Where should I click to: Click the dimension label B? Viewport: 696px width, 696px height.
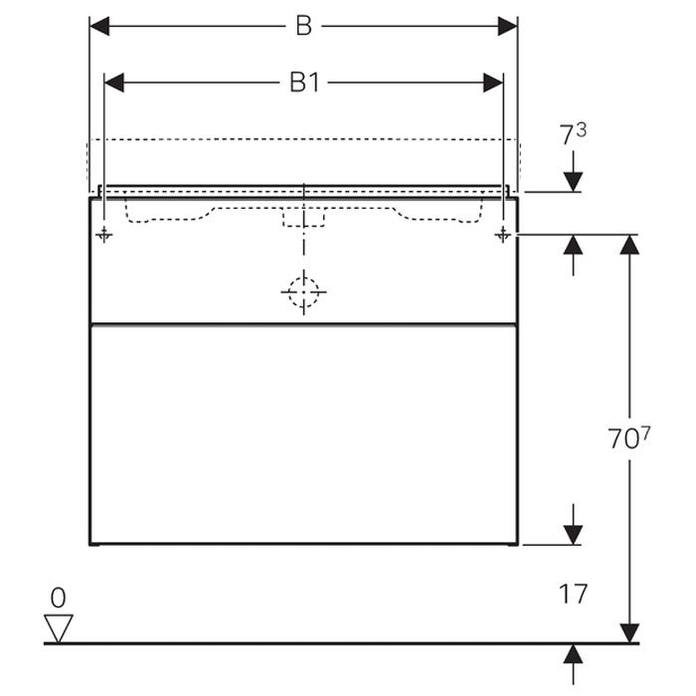point(303,27)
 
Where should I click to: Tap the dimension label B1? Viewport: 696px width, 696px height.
point(303,83)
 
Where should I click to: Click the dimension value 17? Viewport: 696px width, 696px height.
point(573,595)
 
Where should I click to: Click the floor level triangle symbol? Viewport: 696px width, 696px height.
point(60,627)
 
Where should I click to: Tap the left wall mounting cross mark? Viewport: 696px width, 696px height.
point(104,235)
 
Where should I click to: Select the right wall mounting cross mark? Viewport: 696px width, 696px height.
point(503,235)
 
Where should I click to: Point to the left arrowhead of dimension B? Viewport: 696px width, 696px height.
point(99,27)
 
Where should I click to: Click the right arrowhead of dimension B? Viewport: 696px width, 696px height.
point(508,27)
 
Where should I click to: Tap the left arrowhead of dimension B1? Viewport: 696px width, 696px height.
point(114,83)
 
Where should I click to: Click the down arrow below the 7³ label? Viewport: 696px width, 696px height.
point(574,180)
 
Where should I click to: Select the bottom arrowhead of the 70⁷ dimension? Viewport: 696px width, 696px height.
point(628,632)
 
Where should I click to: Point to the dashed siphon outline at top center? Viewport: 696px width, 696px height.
point(303,216)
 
